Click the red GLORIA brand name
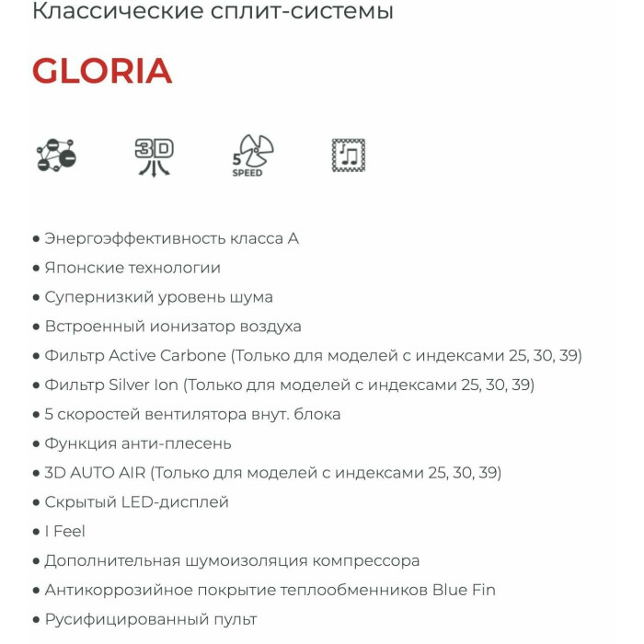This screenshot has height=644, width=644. (102, 72)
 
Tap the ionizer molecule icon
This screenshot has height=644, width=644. (56, 155)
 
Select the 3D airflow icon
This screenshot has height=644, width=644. (154, 155)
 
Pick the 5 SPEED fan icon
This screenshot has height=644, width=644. (251, 155)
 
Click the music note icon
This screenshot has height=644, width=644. (349, 155)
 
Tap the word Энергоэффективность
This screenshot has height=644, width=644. (133, 238)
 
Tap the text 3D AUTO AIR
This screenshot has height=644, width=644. (96, 473)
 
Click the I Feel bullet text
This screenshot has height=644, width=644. (64, 532)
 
